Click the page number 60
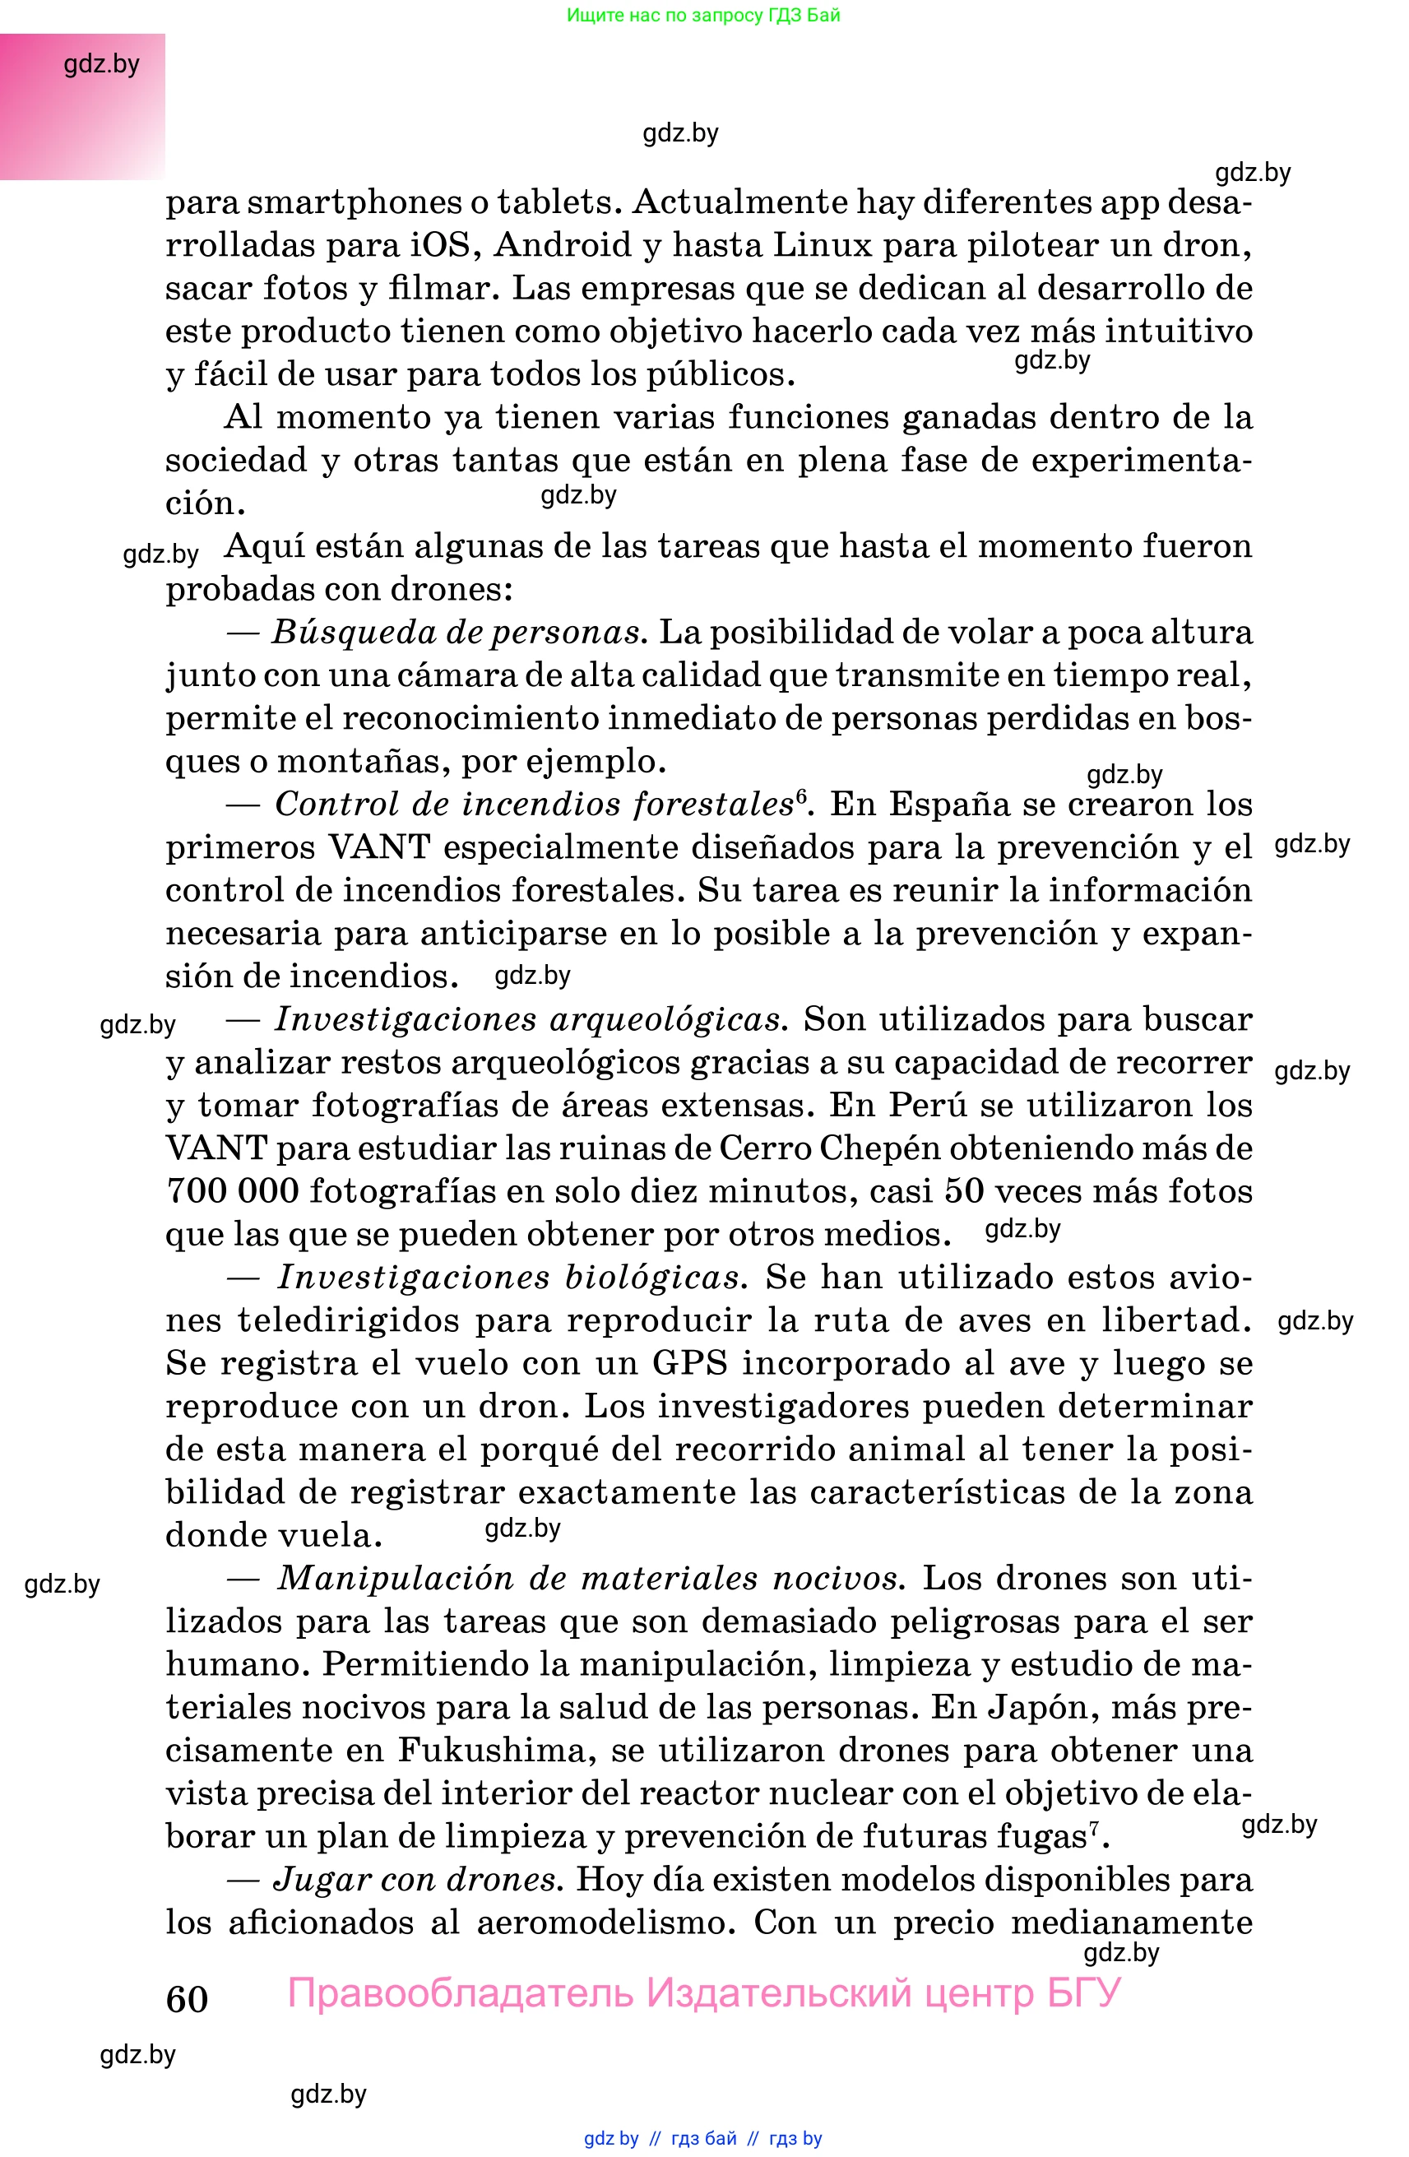tap(187, 1999)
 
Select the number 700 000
tap(232, 1191)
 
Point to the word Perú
tap(931, 1105)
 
